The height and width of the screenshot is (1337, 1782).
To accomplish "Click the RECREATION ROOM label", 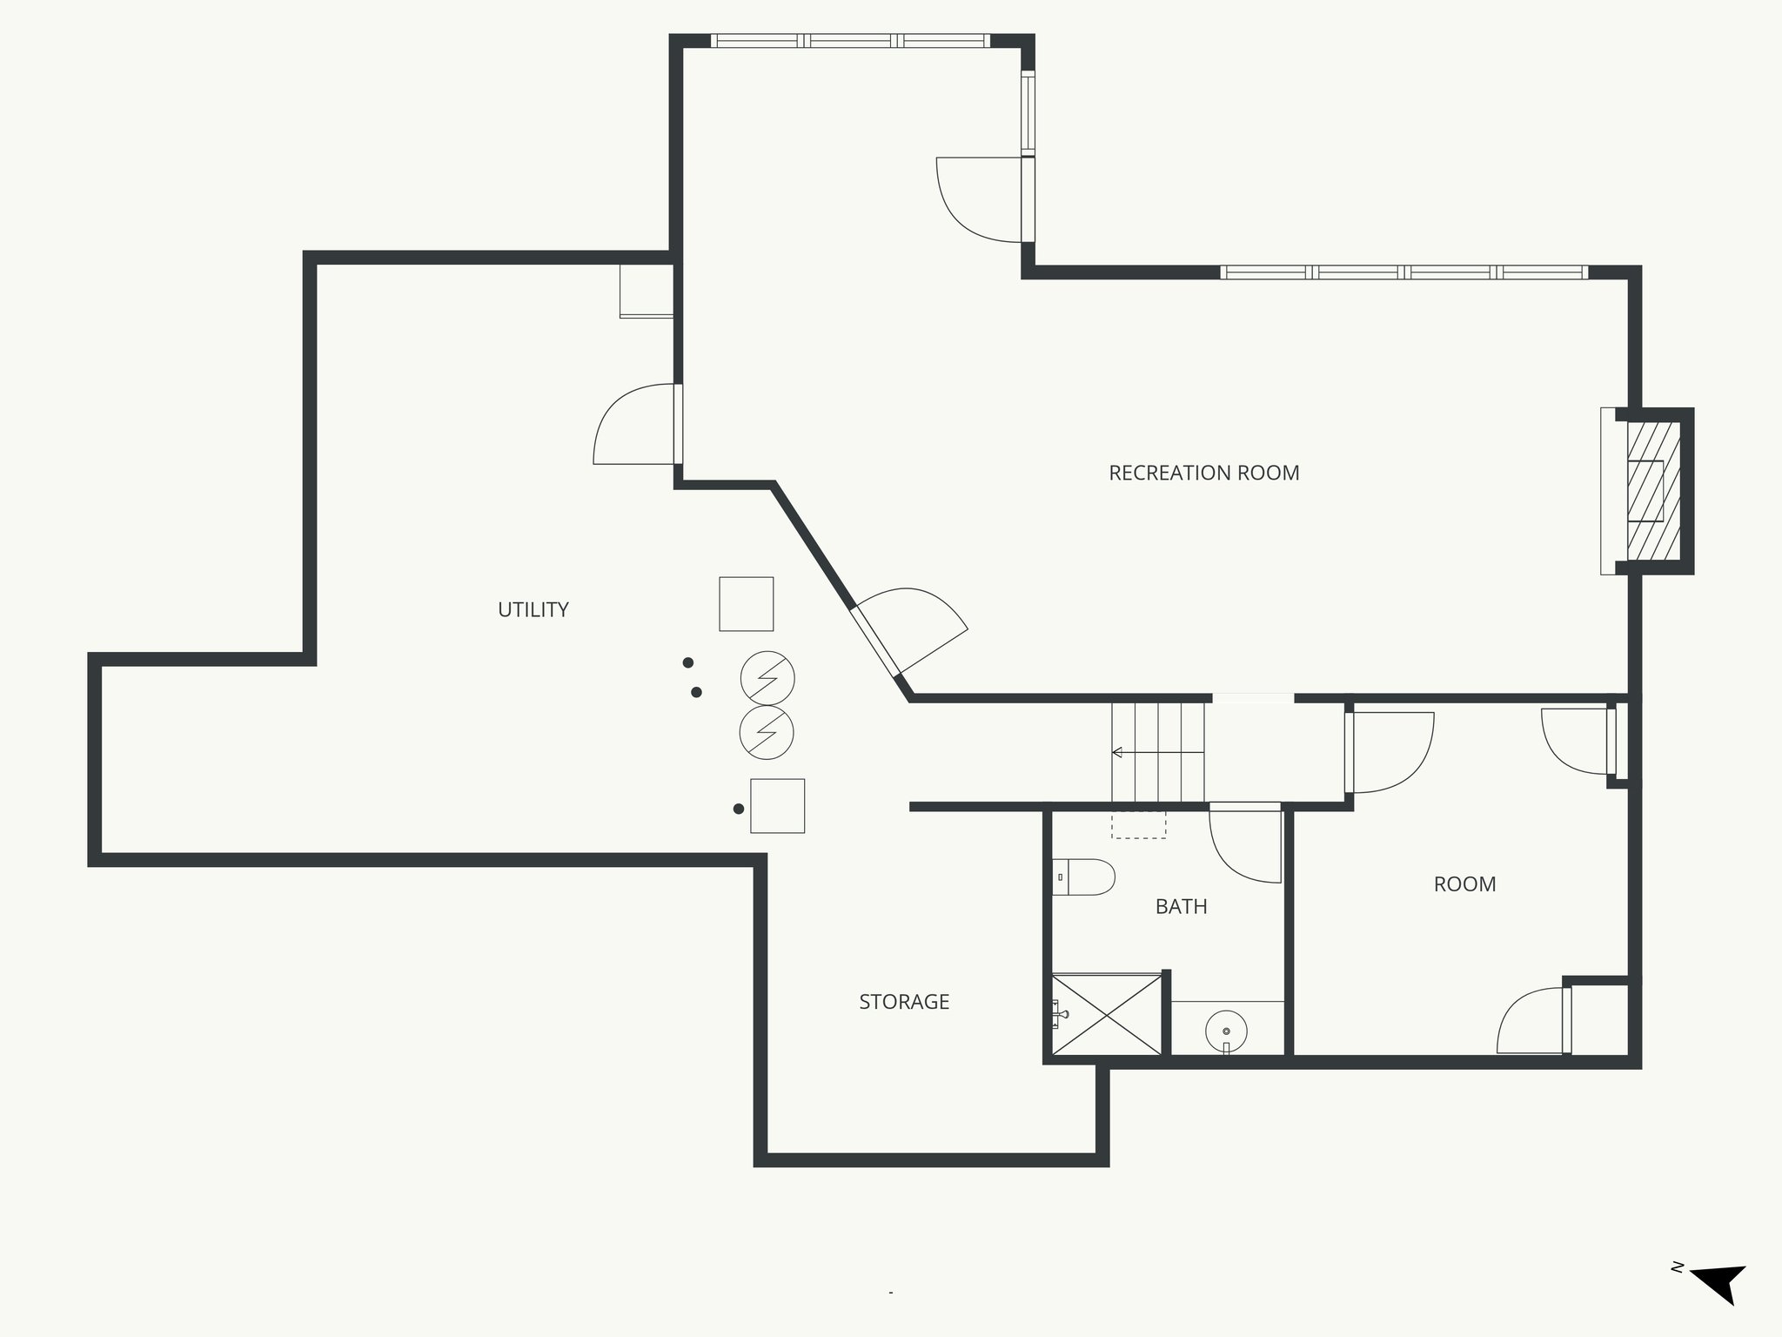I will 1203,473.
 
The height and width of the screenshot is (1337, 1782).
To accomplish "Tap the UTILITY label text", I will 533,609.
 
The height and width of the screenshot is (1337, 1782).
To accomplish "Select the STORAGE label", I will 904,1001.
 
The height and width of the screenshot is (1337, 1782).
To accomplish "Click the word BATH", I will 1181,906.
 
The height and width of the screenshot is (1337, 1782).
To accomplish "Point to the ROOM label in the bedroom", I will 1464,883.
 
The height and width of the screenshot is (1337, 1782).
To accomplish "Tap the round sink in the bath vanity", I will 1226,1031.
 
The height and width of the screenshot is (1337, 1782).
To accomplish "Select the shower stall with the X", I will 1107,1014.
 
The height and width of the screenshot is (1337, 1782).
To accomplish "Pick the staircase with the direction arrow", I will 1157,752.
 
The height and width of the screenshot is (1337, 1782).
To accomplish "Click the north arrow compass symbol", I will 1719,1305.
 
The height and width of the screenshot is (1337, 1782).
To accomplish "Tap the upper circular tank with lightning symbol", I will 767,678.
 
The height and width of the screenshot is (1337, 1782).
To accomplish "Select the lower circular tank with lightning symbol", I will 767,733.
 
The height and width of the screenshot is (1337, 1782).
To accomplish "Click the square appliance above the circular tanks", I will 746,603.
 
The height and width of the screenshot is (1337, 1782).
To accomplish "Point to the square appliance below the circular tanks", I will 777,805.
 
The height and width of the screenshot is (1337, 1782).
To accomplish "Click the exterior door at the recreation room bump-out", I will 981,200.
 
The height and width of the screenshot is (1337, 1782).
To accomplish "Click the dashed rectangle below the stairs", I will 1138,824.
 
